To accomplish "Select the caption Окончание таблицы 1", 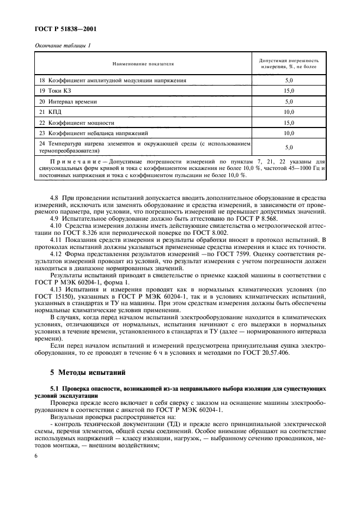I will point(63,46).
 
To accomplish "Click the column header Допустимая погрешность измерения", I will point(289,64).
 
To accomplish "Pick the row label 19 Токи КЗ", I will point(54,90).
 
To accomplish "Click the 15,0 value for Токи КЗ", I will point(289,90).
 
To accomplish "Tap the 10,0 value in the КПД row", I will point(289,112).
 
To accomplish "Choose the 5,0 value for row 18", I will point(289,80).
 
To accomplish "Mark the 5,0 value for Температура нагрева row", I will point(289,147).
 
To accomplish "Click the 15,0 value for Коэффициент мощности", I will point(289,123).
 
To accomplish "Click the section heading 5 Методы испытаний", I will point(88,373).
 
